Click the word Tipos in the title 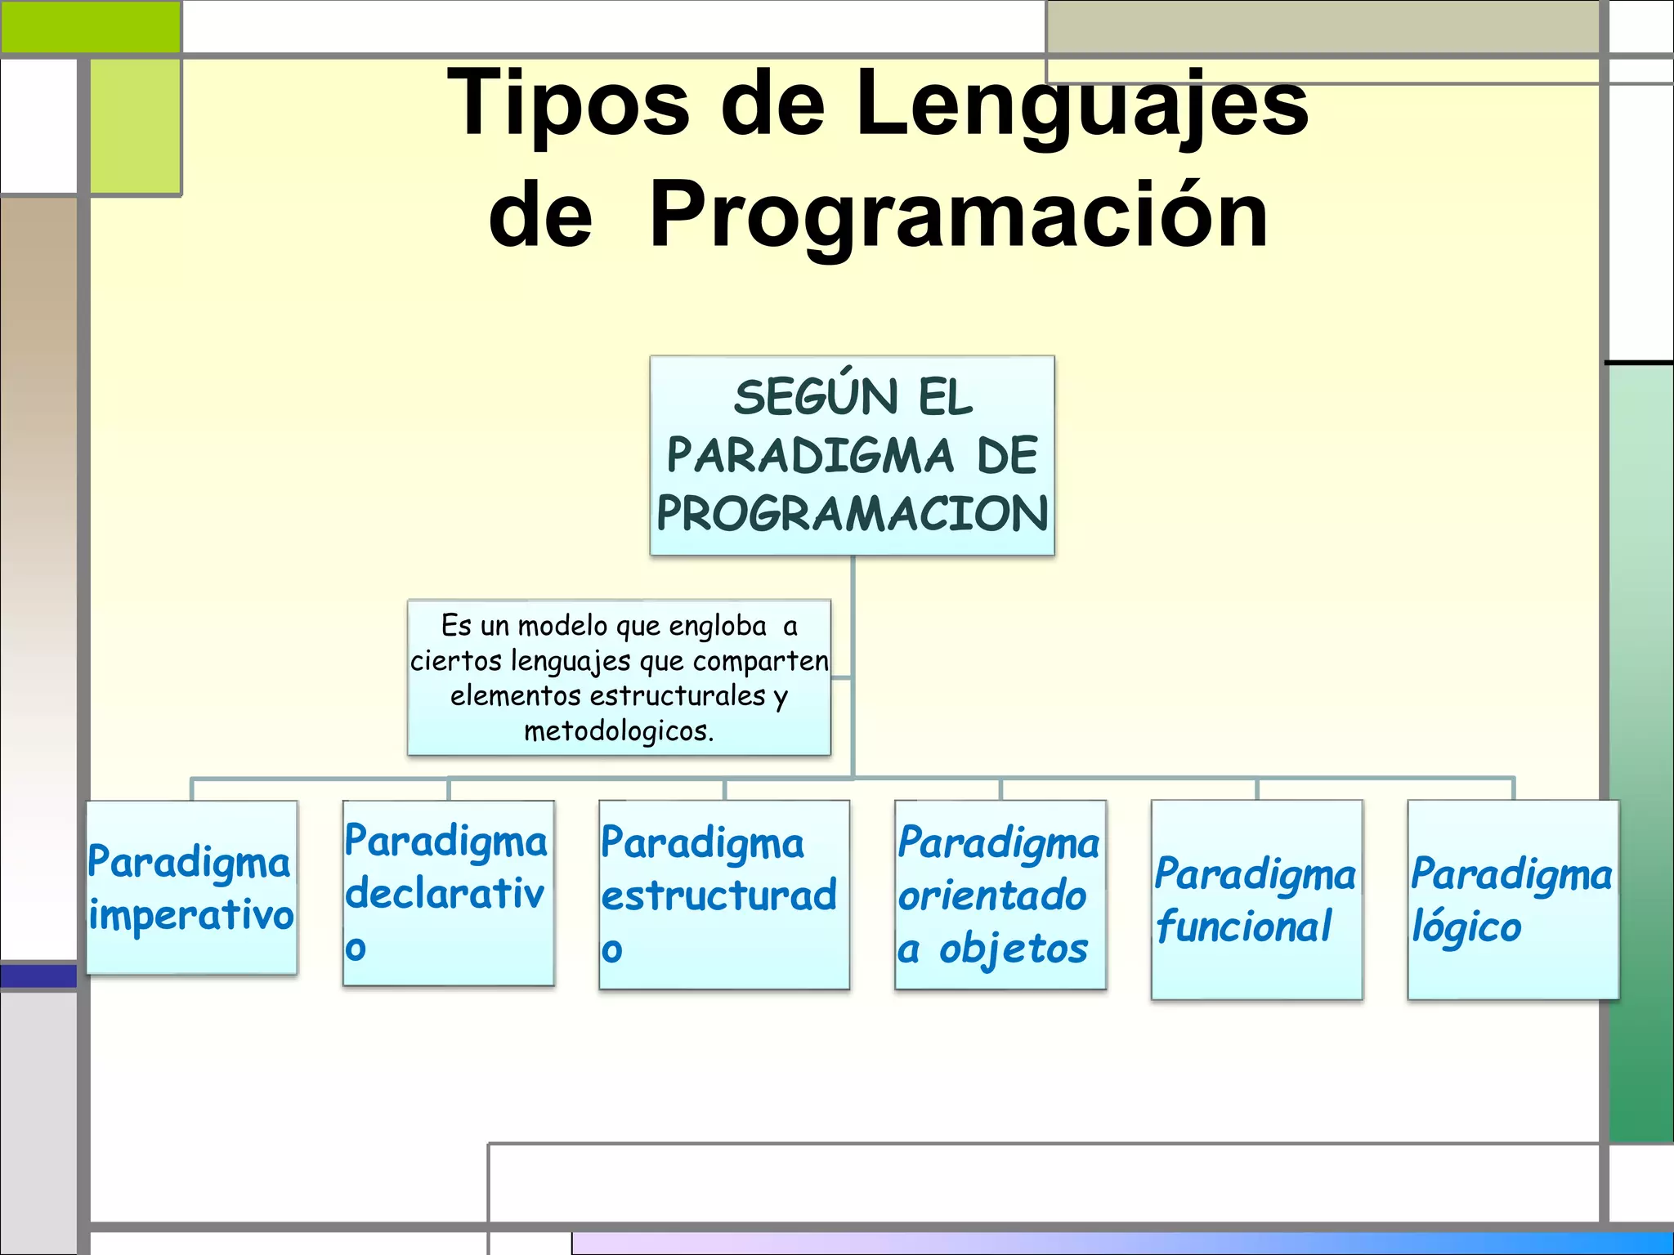tap(568, 104)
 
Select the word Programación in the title tap(958, 215)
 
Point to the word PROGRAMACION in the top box tap(852, 514)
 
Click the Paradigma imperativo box tap(191, 887)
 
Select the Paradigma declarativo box tap(448, 893)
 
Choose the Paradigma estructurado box tap(723, 895)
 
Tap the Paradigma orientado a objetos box tap(1000, 895)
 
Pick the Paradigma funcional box tap(1256, 899)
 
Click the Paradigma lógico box tap(1512, 899)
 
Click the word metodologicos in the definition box tap(618, 731)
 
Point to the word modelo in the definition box tap(564, 626)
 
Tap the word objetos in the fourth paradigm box tap(1014, 949)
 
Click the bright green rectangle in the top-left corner tap(90, 27)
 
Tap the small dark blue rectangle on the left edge tap(38, 976)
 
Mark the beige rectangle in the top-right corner tap(1322, 27)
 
